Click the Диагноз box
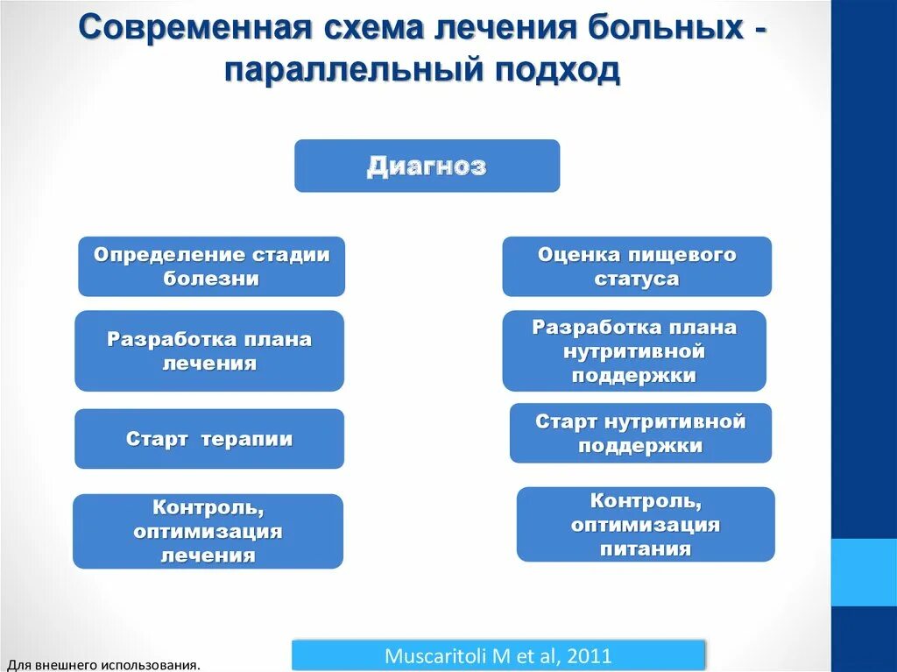coord(427,166)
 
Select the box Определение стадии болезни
coord(211,266)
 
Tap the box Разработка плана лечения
coord(209,350)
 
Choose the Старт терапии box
coord(209,439)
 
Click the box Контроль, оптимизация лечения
coord(208,531)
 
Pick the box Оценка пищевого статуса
coord(637,266)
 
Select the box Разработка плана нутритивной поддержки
coord(634,350)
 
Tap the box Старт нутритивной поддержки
coord(640,433)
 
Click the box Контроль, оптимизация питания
coord(646,524)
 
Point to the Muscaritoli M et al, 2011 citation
coord(498,655)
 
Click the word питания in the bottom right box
coord(646,549)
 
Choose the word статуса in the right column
coord(637,279)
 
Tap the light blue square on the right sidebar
coord(864,572)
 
